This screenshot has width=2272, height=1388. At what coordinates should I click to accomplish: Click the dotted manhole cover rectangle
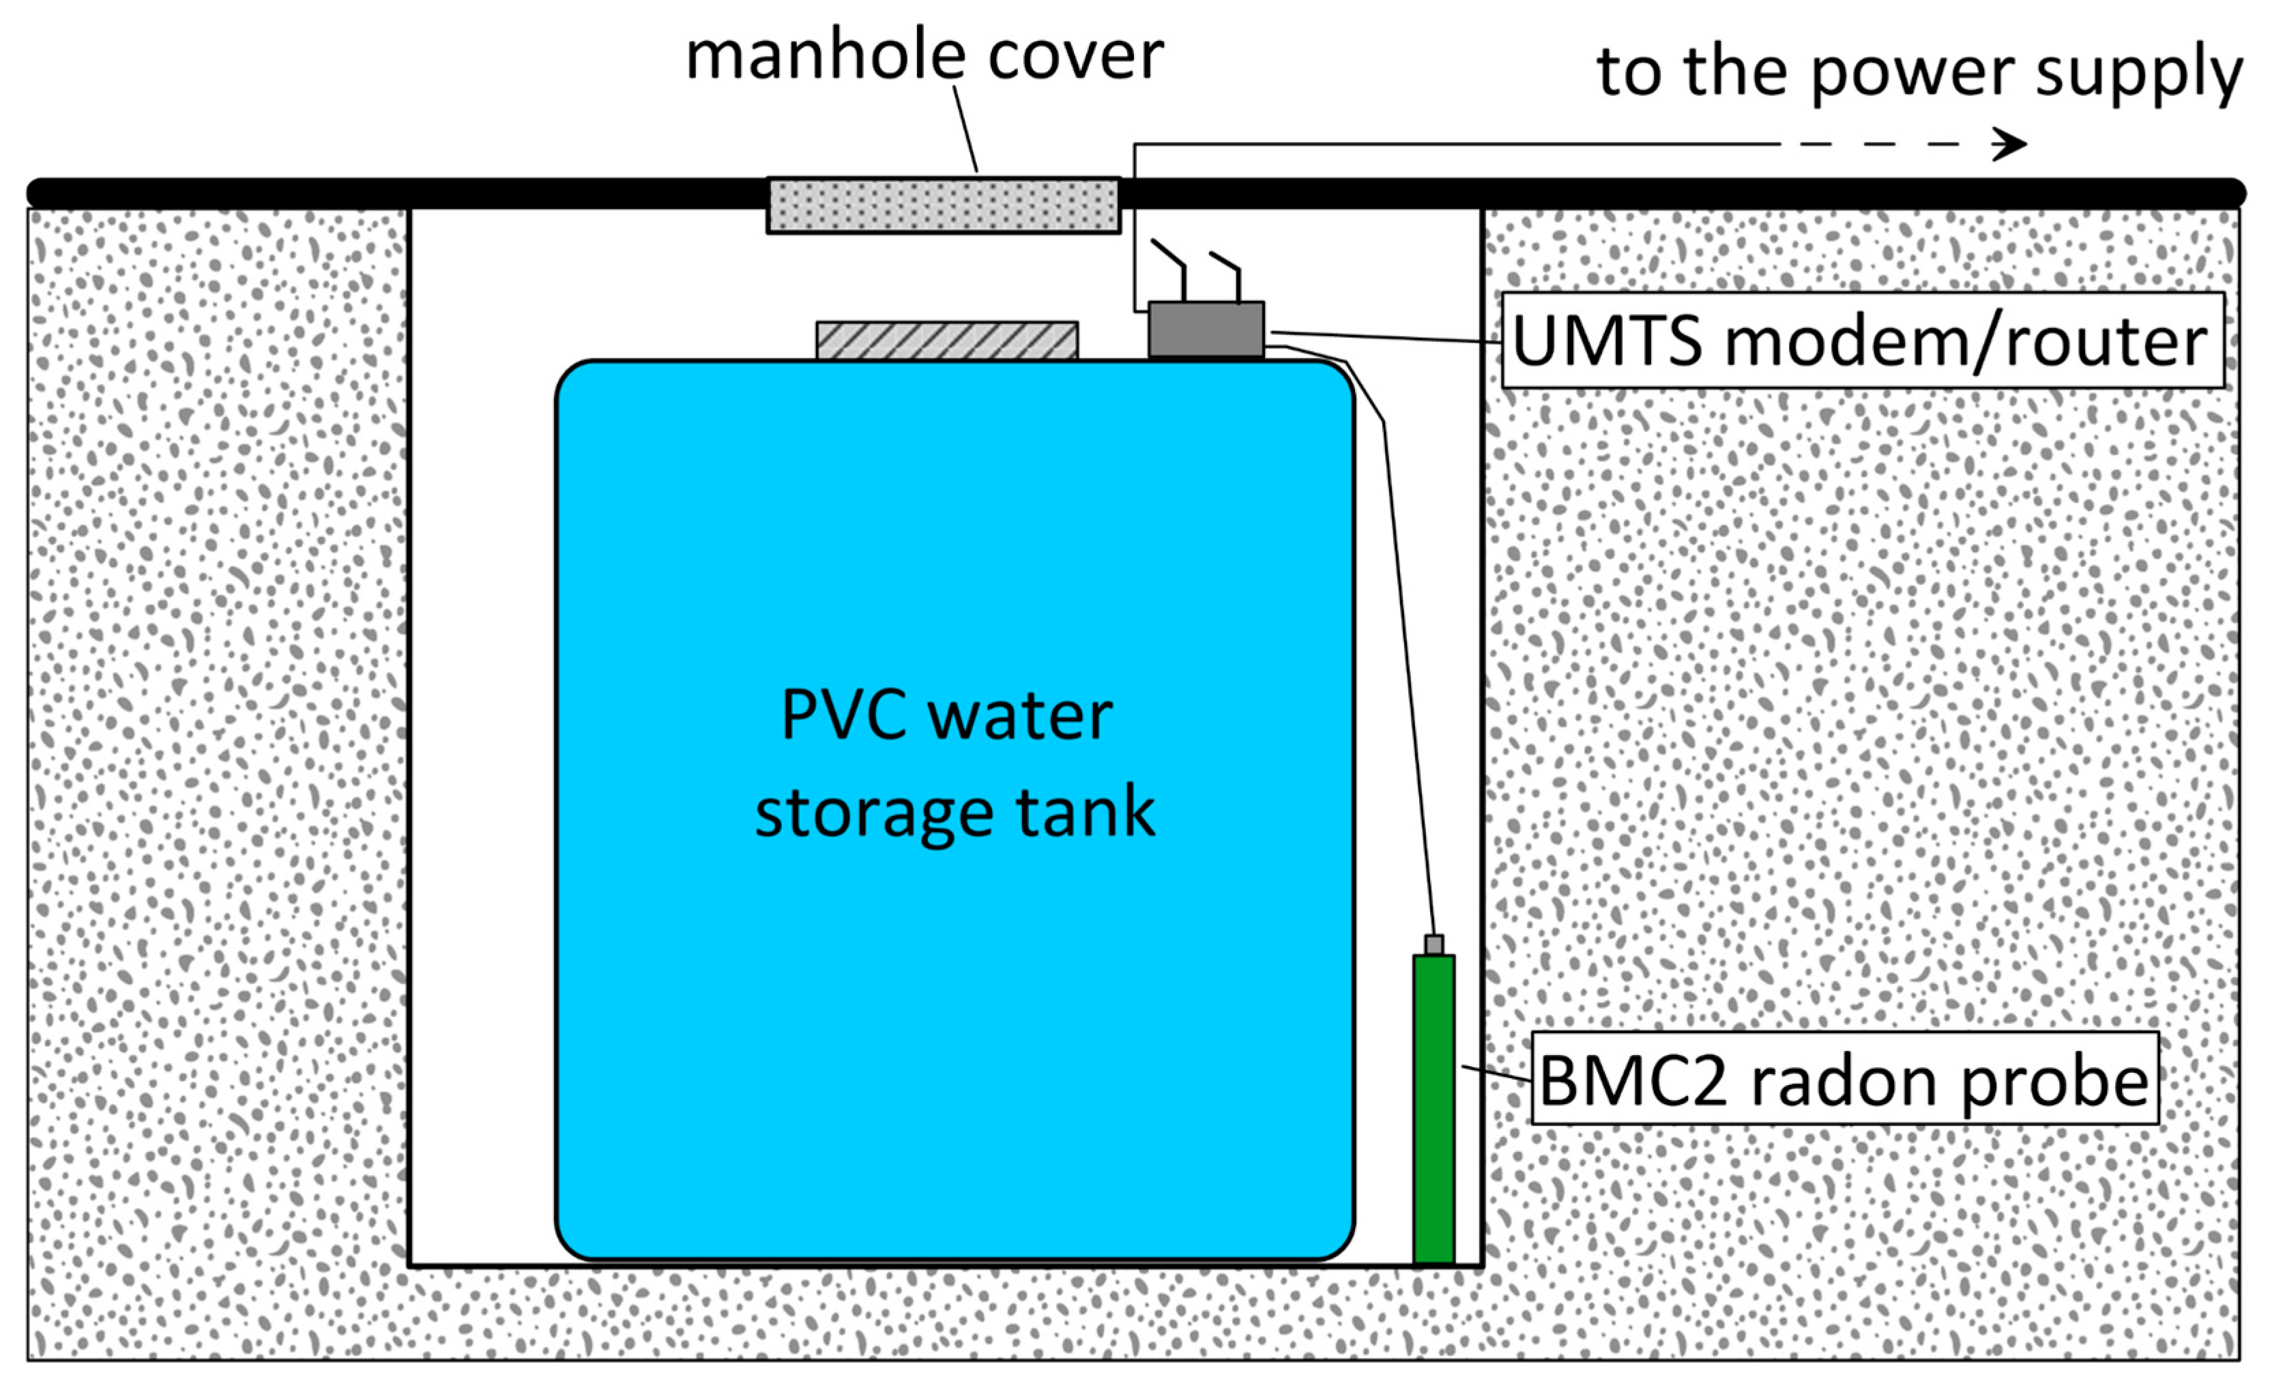944,205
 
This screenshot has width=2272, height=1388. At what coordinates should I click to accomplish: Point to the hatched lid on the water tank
946,339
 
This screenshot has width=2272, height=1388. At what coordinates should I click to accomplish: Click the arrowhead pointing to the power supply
2010,144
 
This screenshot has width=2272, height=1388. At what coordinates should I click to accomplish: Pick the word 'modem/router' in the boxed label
1965,341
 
